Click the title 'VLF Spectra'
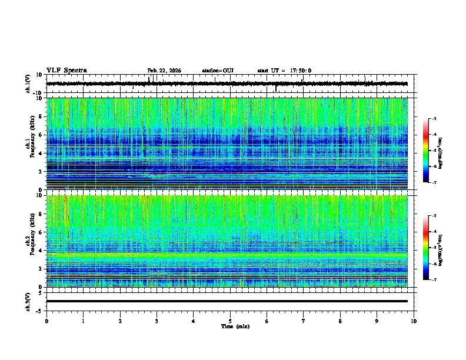tap(66, 71)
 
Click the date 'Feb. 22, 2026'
tap(164, 71)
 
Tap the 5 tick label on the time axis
tap(230, 321)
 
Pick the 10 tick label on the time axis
tap(414, 321)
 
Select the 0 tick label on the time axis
tap(46, 321)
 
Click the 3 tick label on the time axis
tap(157, 321)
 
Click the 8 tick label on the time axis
tap(341, 321)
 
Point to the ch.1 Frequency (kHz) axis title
tap(29, 144)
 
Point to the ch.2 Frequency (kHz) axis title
tap(29, 241)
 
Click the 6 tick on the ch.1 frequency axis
tap(39, 135)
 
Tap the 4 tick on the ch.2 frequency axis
tap(39, 251)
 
